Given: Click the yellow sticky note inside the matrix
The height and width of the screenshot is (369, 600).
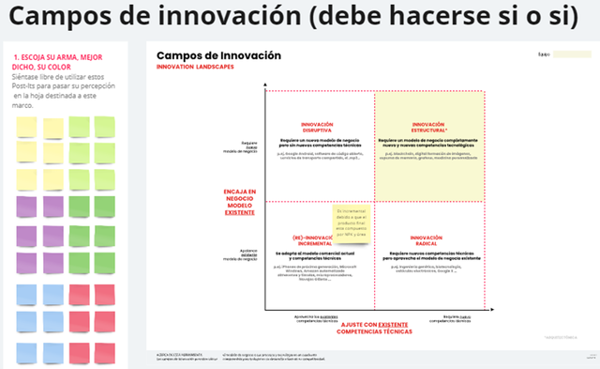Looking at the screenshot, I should click(349, 224).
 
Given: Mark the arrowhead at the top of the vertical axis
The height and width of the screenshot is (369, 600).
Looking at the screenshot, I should click(266, 85).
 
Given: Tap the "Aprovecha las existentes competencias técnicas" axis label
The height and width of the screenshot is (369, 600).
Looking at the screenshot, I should click(319, 319).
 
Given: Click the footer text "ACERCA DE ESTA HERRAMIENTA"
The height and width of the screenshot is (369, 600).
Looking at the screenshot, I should click(180, 352).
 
